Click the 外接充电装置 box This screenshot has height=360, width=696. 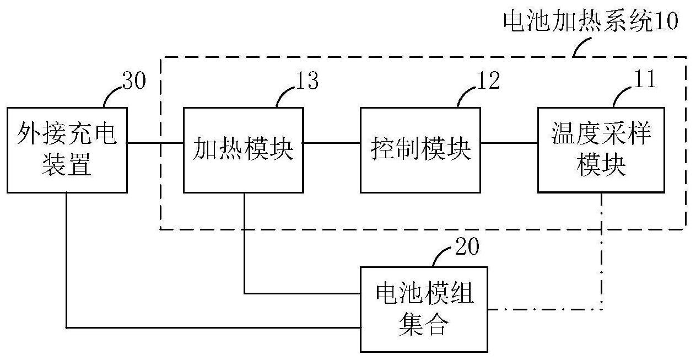[x=67, y=150]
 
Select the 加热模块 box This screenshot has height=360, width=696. [x=243, y=150]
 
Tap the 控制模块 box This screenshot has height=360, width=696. [x=420, y=150]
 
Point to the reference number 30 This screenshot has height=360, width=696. [x=134, y=82]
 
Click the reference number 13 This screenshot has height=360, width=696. [x=306, y=81]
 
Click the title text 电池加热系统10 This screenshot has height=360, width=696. [x=591, y=23]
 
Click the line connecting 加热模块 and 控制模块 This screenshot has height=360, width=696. [x=332, y=143]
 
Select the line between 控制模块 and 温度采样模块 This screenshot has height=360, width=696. [x=509, y=143]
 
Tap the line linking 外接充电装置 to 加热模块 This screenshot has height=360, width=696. [x=155, y=143]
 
